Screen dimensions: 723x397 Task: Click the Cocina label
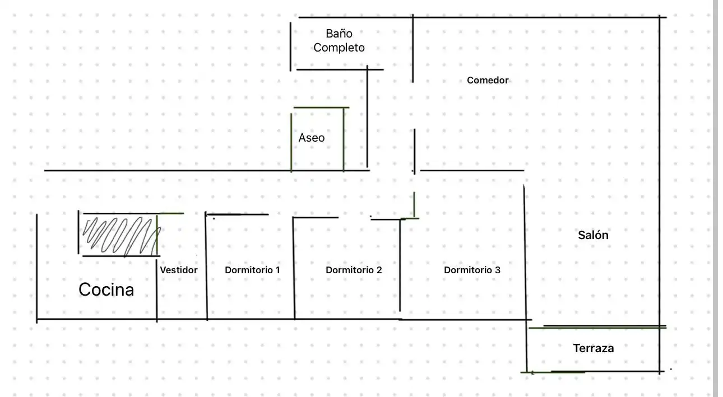click(x=106, y=289)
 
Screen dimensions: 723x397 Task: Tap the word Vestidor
click(x=178, y=270)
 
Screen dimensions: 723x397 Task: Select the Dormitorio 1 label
click(x=252, y=270)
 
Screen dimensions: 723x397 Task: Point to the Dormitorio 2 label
click(x=354, y=270)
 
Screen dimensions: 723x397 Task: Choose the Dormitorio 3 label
click(x=472, y=270)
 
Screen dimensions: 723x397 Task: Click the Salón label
click(x=593, y=235)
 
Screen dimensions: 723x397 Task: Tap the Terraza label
click(x=593, y=348)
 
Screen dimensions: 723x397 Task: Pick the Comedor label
click(x=488, y=80)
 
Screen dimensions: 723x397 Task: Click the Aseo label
click(x=312, y=138)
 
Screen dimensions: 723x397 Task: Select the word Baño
click(x=339, y=34)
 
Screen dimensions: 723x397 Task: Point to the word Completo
click(x=339, y=48)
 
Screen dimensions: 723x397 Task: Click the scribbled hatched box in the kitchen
click(x=119, y=235)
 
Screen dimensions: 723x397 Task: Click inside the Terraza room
click(x=593, y=361)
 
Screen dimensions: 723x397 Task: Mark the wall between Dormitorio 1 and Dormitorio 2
click(x=294, y=268)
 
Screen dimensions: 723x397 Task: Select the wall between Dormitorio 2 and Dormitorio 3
click(x=400, y=265)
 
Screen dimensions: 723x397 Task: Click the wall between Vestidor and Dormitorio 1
click(x=206, y=266)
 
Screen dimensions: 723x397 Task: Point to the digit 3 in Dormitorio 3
click(x=497, y=270)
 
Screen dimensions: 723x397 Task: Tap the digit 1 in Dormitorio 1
click(x=277, y=270)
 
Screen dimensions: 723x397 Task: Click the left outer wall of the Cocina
click(x=37, y=268)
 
